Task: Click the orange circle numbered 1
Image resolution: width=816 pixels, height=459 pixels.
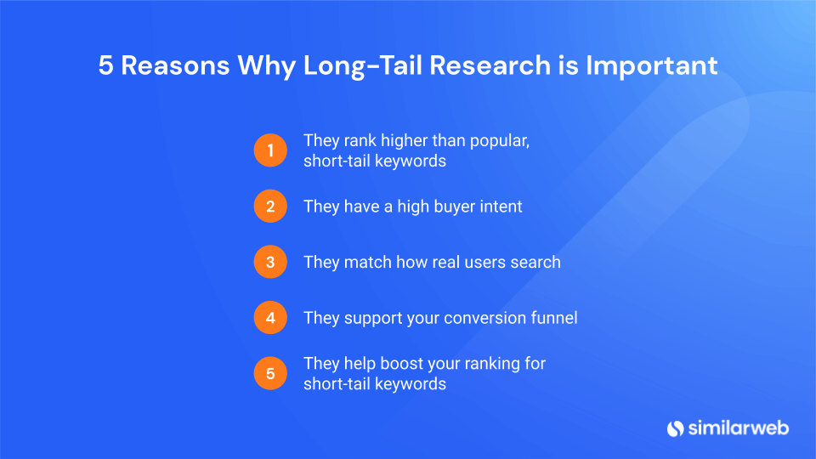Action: tap(270, 150)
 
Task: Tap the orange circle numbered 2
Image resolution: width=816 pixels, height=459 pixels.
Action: tap(270, 206)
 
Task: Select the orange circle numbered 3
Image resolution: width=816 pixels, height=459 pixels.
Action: tap(270, 262)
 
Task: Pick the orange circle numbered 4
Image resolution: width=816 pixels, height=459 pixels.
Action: tap(270, 317)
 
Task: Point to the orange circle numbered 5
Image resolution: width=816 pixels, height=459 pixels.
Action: tap(270, 373)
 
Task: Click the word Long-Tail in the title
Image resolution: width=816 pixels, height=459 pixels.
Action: tap(362, 66)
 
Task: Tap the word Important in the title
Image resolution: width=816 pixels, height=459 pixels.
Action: tap(652, 66)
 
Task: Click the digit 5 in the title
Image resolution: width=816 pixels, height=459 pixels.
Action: tap(105, 66)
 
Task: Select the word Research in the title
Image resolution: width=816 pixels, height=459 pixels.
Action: tap(490, 65)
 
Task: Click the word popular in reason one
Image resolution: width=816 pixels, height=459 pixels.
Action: tap(500, 142)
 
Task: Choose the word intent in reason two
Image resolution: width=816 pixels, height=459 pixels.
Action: tap(501, 207)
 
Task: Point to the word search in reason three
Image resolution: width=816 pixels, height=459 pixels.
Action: tap(535, 262)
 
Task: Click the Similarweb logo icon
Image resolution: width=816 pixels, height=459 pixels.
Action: tap(676, 428)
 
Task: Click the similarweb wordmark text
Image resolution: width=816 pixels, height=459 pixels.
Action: tap(739, 428)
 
